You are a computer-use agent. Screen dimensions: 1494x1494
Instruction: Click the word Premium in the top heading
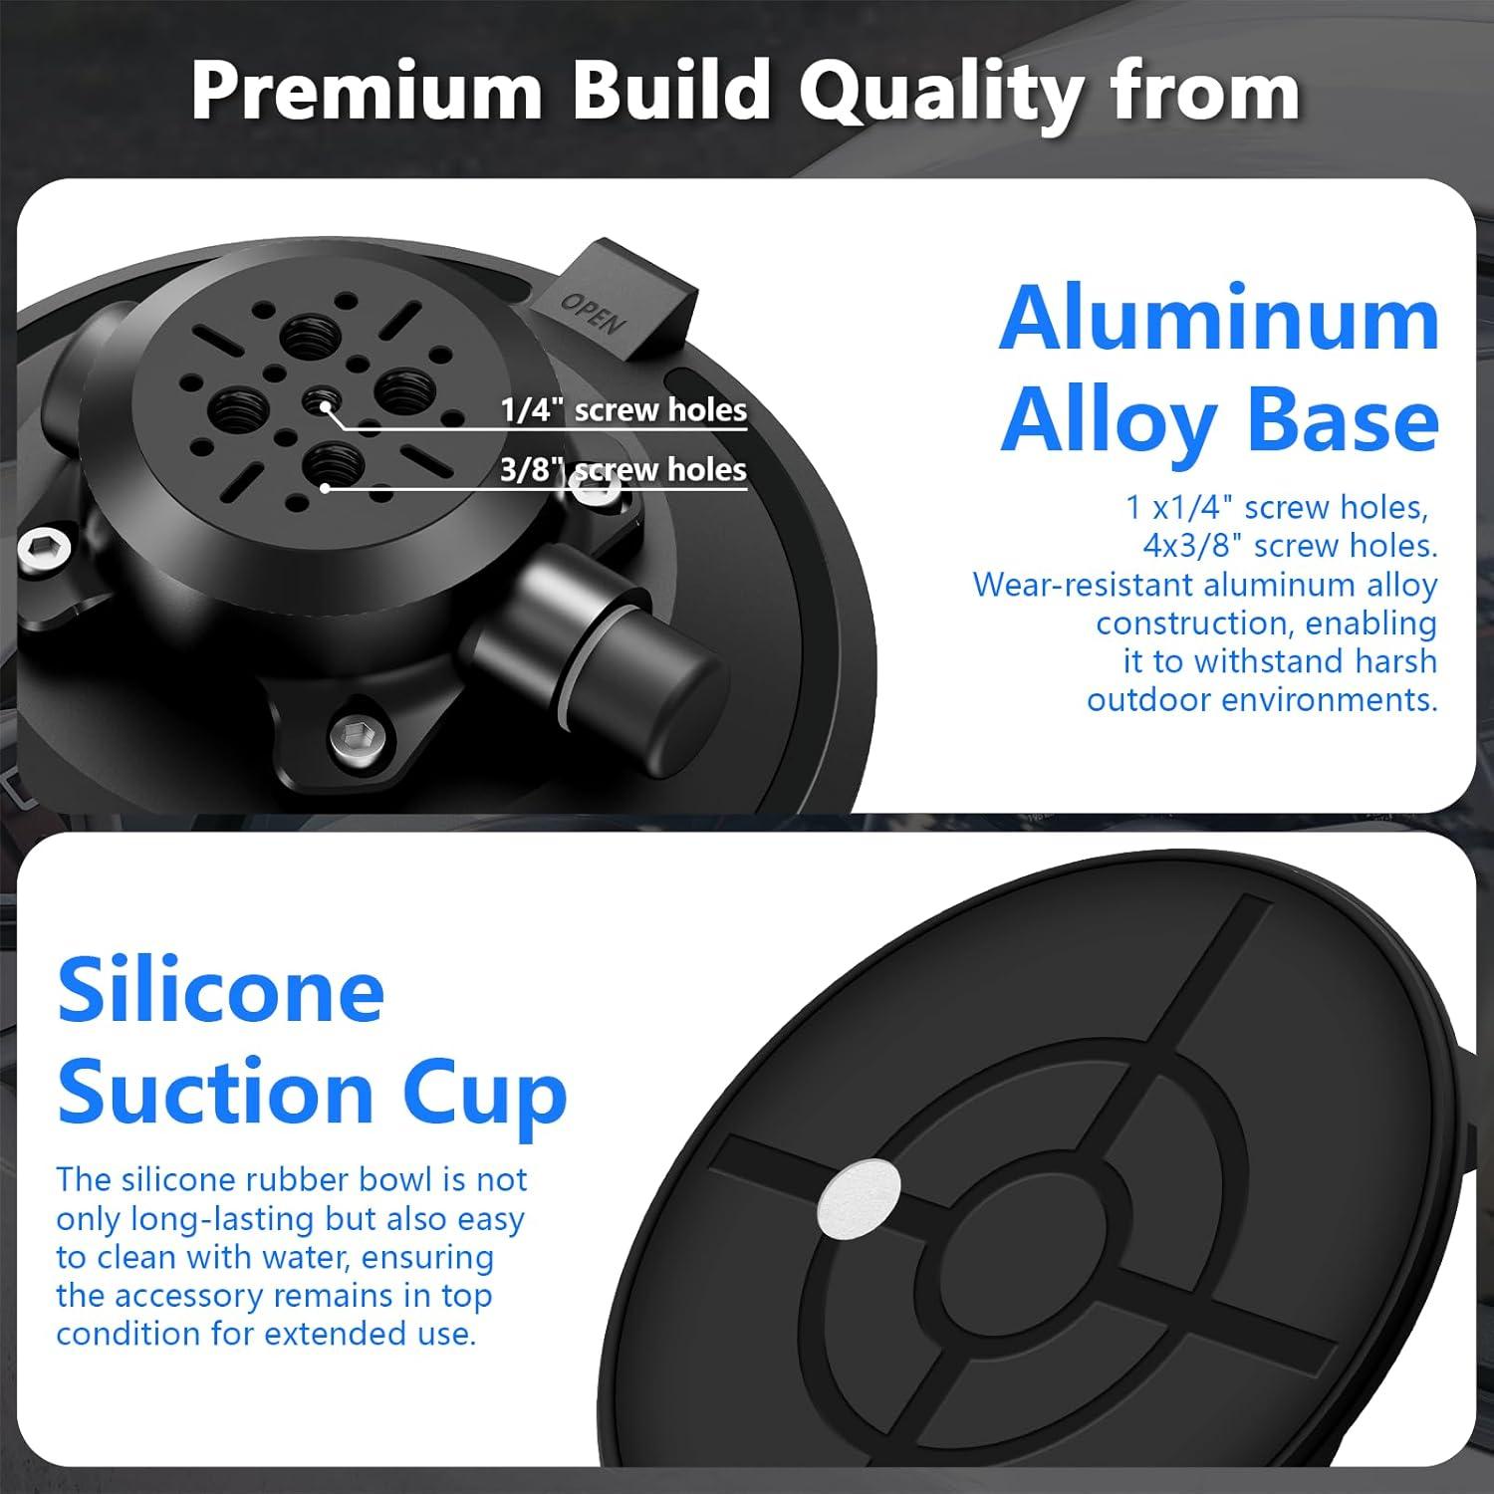point(366,91)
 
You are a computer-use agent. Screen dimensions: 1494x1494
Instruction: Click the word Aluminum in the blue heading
point(1219,320)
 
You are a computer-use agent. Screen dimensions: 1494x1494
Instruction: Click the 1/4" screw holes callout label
point(623,409)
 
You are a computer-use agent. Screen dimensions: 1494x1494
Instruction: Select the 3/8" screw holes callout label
point(623,469)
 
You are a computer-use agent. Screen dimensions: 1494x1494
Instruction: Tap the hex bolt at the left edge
point(46,549)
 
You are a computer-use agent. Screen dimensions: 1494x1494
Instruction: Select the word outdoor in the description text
point(1147,700)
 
